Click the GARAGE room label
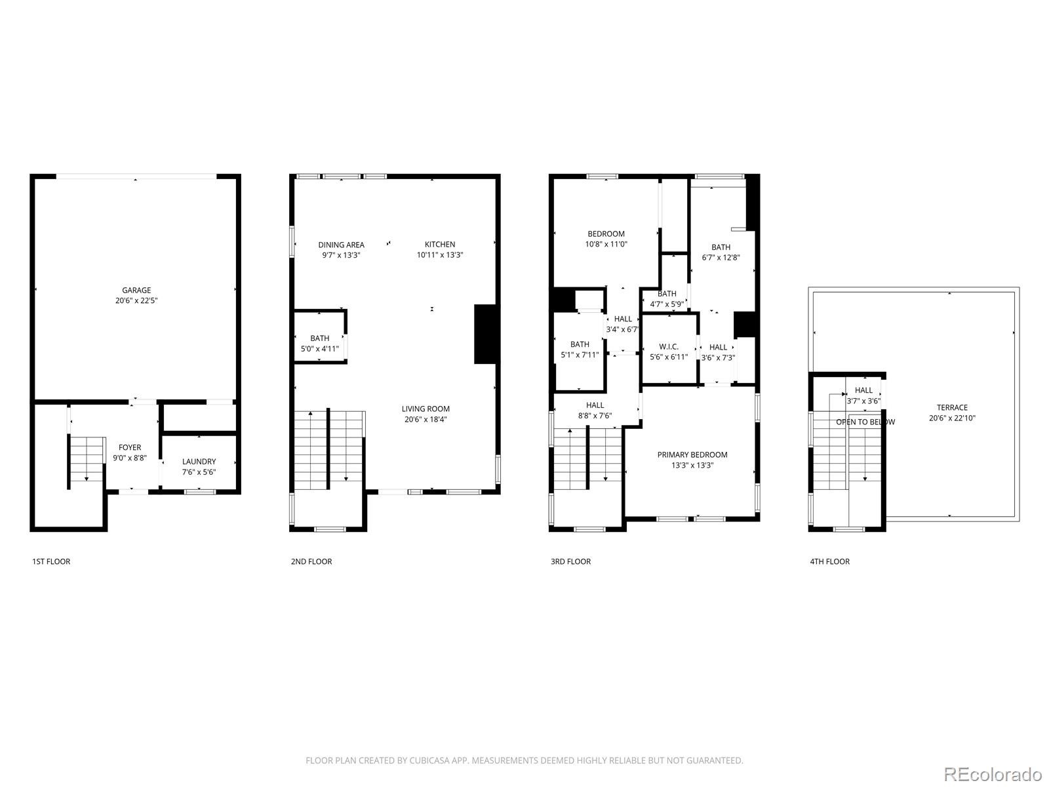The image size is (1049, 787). tap(136, 291)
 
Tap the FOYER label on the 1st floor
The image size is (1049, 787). tap(130, 448)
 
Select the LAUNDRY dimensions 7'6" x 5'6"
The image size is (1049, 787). tap(199, 472)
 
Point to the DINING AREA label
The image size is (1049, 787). tap(341, 245)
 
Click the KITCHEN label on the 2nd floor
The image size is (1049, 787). tap(439, 245)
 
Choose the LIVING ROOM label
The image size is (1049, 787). tap(426, 409)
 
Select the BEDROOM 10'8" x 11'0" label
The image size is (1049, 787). tap(606, 234)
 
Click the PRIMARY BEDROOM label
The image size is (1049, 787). tap(692, 455)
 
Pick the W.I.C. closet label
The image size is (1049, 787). tap(669, 347)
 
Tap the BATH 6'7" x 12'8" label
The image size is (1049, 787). tap(721, 247)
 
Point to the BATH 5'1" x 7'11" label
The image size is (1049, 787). tap(580, 344)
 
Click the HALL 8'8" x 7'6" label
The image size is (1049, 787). tap(595, 405)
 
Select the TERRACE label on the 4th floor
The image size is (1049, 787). tap(952, 408)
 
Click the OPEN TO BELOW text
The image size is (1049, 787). tap(865, 422)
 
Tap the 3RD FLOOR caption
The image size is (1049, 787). tap(570, 561)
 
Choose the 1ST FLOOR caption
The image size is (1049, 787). tap(51, 561)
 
